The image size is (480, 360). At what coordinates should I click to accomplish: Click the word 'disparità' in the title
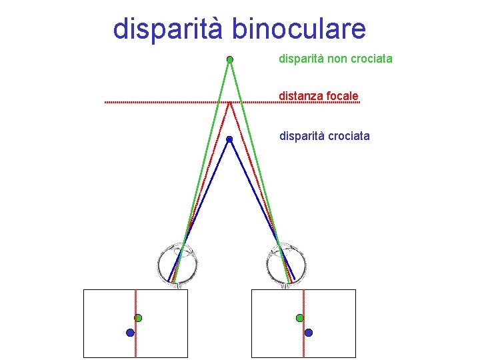[x=169, y=29]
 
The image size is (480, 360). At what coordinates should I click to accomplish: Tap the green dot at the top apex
[x=229, y=59]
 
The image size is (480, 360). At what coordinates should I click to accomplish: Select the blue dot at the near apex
[x=229, y=139]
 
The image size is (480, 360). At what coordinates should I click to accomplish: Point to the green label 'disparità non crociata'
[x=335, y=59]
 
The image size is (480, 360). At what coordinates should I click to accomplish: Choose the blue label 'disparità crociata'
[x=324, y=136]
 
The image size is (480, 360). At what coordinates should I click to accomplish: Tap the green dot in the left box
[x=138, y=318]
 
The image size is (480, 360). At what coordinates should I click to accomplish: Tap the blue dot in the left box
[x=130, y=332]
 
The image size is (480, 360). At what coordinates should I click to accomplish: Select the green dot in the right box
[x=300, y=318]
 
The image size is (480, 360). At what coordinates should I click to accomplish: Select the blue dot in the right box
[x=309, y=332]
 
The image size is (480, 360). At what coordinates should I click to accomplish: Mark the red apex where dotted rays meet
[x=229, y=103]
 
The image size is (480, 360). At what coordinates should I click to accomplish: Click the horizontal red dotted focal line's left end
[x=106, y=102]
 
